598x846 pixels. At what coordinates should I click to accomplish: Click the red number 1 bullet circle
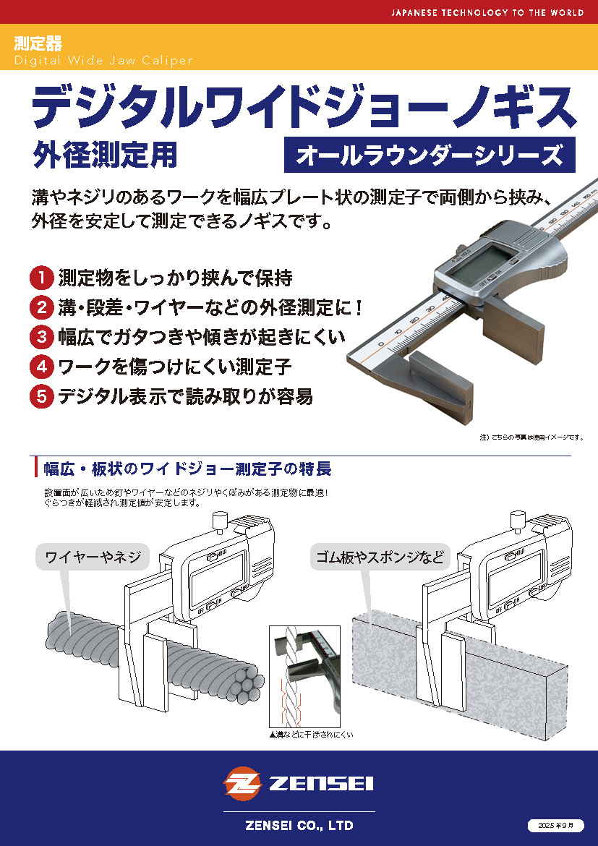(41, 278)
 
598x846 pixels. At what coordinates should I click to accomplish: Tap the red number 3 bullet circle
(41, 337)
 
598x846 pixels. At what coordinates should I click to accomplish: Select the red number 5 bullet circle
(41, 396)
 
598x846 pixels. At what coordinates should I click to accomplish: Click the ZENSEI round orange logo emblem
(243, 783)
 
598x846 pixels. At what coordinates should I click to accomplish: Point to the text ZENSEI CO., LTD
(299, 826)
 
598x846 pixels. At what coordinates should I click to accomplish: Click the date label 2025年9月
(556, 826)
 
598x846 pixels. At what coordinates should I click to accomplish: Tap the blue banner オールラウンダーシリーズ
(430, 155)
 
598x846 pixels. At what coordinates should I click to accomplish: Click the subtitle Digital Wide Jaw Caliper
(103, 61)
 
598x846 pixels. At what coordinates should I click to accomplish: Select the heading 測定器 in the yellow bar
(38, 43)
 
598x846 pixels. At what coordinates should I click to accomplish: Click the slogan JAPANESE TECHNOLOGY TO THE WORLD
(487, 12)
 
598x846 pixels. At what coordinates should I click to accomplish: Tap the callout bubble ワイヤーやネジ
(93, 557)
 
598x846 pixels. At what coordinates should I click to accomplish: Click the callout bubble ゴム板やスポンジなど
(380, 557)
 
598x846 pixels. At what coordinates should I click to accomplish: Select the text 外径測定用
(106, 155)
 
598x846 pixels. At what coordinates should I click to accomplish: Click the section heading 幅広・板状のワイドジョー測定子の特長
(187, 469)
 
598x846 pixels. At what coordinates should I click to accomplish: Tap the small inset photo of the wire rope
(304, 677)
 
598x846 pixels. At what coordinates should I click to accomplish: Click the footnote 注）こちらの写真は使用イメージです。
(531, 437)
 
